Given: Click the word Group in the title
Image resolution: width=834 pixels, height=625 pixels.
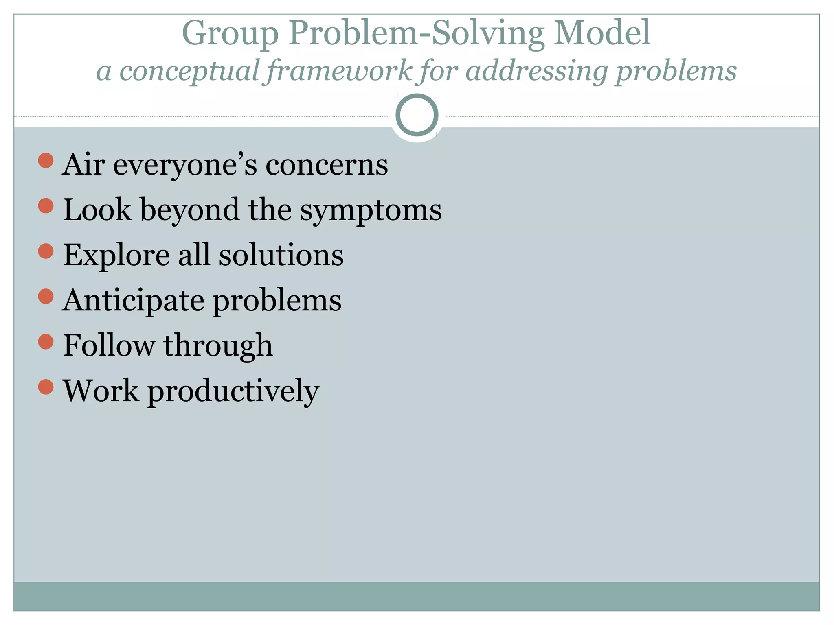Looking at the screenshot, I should point(230,33).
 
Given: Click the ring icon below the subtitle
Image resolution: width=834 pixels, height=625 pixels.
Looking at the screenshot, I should point(417,115).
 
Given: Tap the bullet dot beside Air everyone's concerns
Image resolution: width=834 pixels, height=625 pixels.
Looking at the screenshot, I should point(46,160).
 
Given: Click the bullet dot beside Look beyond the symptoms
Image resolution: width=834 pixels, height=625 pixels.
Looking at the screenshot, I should point(46,205).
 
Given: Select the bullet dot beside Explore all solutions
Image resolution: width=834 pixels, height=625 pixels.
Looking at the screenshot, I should point(46,251).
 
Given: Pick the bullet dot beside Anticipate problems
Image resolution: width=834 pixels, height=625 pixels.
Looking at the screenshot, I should point(46,296).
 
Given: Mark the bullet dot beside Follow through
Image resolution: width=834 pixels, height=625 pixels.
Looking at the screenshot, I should point(46,342).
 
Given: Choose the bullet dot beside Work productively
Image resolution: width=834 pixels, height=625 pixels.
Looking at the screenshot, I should point(46,387).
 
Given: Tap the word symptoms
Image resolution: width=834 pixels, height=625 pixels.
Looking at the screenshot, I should point(371,210).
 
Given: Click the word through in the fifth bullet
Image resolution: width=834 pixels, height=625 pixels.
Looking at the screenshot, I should point(218,346).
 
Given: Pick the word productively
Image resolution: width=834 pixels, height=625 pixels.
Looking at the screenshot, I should point(233,391).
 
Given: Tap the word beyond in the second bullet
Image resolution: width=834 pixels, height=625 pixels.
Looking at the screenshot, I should point(190,210).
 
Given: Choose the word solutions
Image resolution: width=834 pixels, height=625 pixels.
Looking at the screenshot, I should point(281,256).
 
